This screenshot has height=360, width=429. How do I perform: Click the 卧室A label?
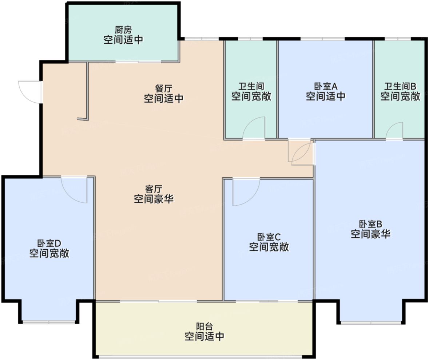(326, 87)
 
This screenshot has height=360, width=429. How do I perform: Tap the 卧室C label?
(269, 237)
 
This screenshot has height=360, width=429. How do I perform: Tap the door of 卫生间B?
(395, 131)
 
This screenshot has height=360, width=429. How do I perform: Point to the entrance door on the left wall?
(30, 91)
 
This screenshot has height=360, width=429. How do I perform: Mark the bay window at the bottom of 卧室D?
(49, 322)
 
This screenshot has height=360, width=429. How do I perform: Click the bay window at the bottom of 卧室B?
(371, 323)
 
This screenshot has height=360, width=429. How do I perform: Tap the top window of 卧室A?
(322, 39)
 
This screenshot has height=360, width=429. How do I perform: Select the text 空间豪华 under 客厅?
(154, 199)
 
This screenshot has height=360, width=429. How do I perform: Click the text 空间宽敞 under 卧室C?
(269, 247)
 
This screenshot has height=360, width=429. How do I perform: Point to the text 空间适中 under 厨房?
(123, 40)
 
